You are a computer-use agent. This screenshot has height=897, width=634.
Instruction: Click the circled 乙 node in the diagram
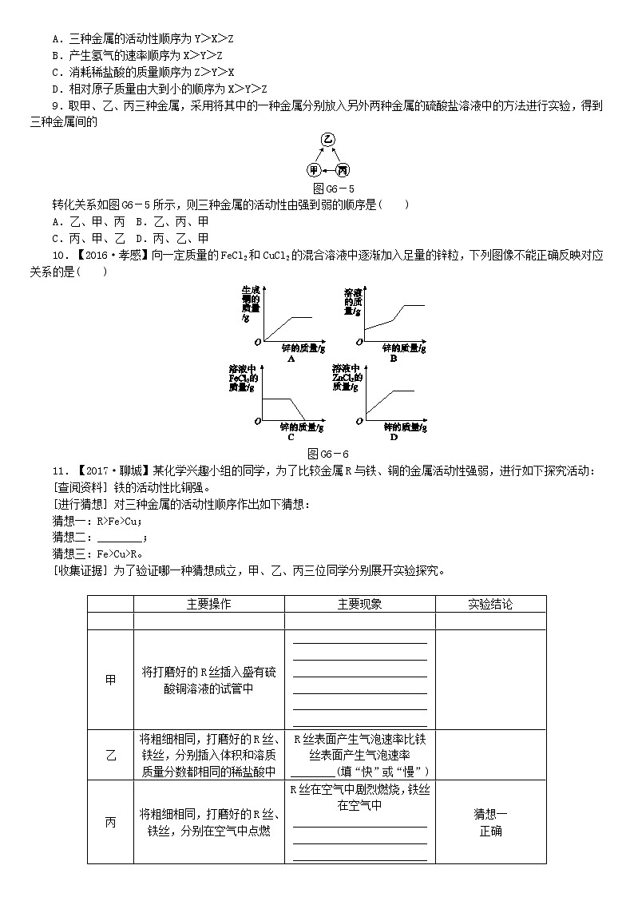(327, 141)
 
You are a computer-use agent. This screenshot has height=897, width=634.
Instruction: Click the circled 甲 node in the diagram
(314, 170)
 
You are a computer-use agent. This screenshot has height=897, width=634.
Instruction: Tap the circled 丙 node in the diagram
(343, 170)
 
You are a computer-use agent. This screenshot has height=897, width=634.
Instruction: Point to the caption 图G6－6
(328, 453)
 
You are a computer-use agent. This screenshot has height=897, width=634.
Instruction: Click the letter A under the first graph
(268, 359)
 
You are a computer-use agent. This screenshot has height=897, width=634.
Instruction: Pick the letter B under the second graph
(393, 359)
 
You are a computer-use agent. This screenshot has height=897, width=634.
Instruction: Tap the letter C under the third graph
(290, 437)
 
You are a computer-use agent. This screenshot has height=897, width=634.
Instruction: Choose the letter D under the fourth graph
(393, 437)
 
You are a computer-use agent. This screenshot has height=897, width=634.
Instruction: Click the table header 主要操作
(208, 605)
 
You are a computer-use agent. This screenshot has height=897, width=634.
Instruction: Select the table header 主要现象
(359, 605)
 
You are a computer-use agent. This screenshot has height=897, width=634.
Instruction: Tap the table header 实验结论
(490, 605)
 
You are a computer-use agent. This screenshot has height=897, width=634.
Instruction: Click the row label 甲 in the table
(110, 680)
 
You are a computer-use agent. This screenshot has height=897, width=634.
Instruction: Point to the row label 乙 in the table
(110, 755)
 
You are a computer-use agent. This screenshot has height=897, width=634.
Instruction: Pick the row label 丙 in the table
(110, 822)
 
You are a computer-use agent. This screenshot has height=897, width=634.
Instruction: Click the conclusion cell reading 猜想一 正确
(490, 822)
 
